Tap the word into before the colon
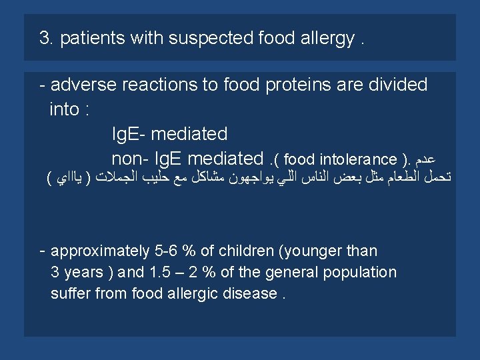pos(64,110)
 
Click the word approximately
pos(100,251)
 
